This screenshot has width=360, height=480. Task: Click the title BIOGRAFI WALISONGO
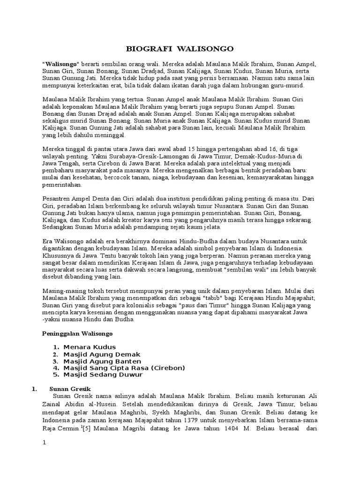[x=180, y=48]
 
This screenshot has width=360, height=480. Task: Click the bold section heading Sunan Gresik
[x=70, y=389]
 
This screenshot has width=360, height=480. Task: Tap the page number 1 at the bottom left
[x=44, y=444]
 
